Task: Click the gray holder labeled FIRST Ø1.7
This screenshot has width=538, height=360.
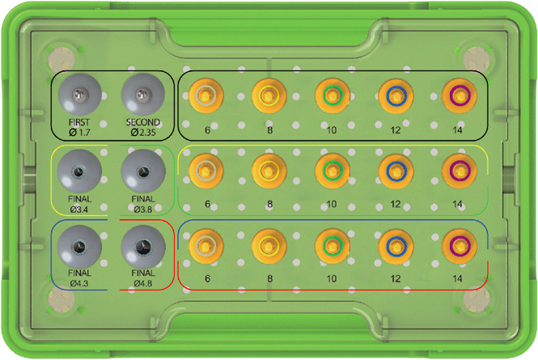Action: (x=78, y=97)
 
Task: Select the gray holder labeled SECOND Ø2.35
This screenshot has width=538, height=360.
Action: (x=143, y=97)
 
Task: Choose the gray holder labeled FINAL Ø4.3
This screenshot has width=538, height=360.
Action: (x=78, y=244)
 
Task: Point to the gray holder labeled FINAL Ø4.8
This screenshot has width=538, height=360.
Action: (x=143, y=244)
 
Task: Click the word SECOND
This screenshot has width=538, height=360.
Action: (x=143, y=123)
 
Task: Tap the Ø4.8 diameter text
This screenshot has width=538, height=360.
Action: (x=143, y=284)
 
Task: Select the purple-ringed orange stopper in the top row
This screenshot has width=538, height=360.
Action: (x=459, y=96)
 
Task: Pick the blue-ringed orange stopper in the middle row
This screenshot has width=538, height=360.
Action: (x=395, y=170)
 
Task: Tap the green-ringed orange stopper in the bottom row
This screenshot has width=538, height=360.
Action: (x=332, y=244)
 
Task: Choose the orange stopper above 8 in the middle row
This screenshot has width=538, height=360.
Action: (x=269, y=170)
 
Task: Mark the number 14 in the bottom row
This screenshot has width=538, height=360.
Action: (x=459, y=277)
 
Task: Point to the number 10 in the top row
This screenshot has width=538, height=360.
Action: (x=332, y=129)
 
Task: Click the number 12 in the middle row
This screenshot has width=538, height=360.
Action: (x=395, y=204)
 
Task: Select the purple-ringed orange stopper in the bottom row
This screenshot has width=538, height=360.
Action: (x=459, y=244)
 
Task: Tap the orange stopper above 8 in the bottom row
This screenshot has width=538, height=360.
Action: (x=269, y=244)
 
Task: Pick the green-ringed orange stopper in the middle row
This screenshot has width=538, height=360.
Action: (x=332, y=170)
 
